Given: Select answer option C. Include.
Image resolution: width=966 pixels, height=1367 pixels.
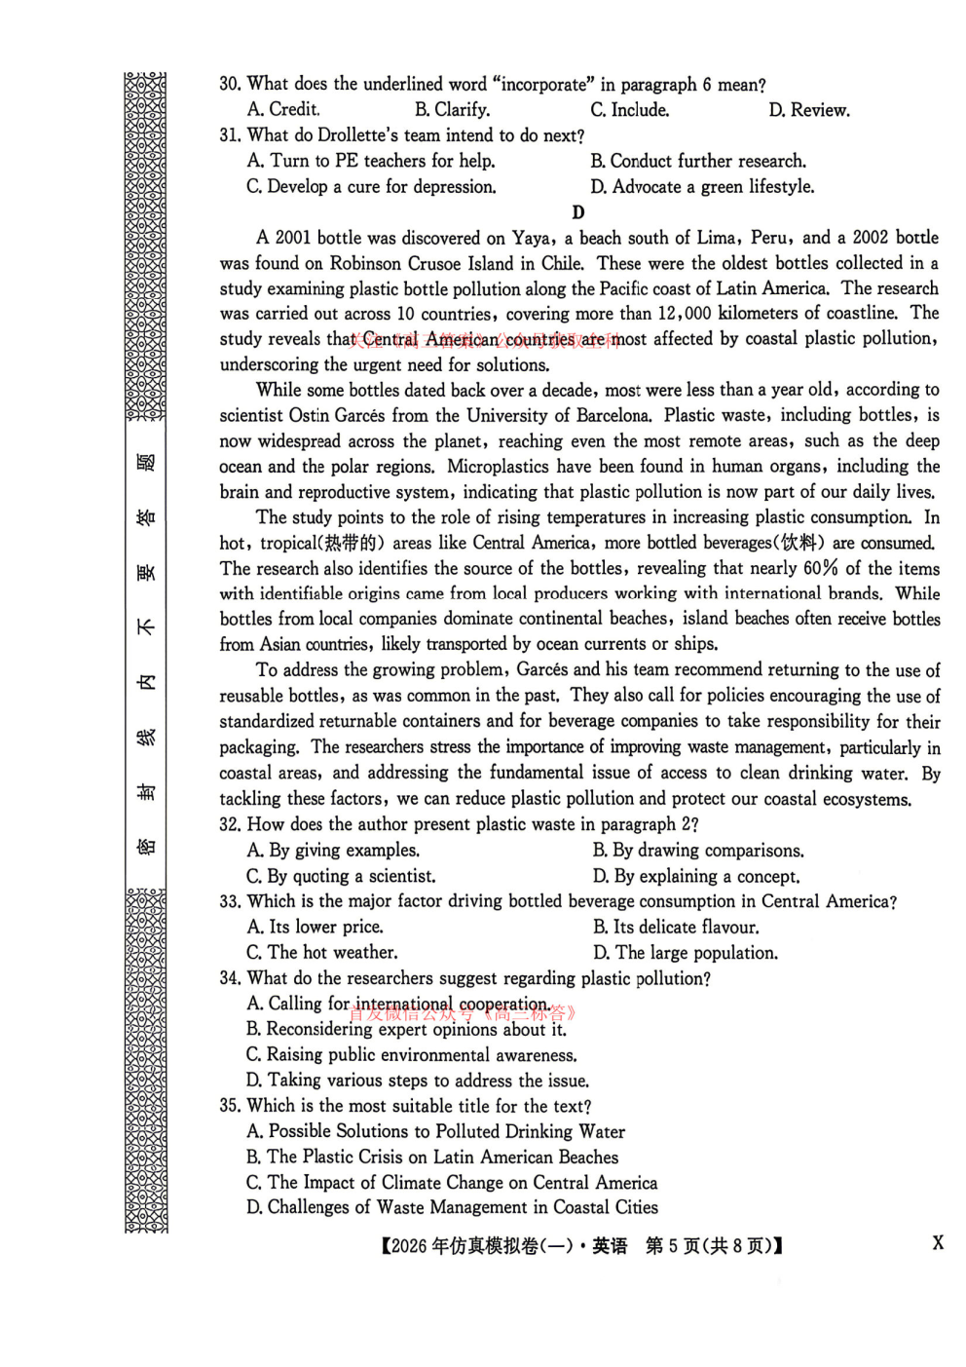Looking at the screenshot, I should [x=629, y=110].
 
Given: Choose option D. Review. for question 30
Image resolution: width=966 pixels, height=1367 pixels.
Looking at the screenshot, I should [x=808, y=110].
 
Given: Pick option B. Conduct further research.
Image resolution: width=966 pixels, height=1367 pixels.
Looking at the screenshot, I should [x=697, y=161].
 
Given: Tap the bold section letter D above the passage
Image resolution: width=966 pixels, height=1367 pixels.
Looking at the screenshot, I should [x=578, y=212].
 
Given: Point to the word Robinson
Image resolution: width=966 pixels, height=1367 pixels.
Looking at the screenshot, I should [x=366, y=263].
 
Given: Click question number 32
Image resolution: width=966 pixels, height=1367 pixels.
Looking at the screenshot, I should [x=230, y=824].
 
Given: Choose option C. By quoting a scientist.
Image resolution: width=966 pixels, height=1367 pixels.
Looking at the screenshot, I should [x=341, y=876].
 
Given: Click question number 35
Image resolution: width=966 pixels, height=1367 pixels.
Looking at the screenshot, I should [x=230, y=1106].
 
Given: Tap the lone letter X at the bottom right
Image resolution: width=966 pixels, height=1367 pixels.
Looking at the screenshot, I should [x=938, y=1242].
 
